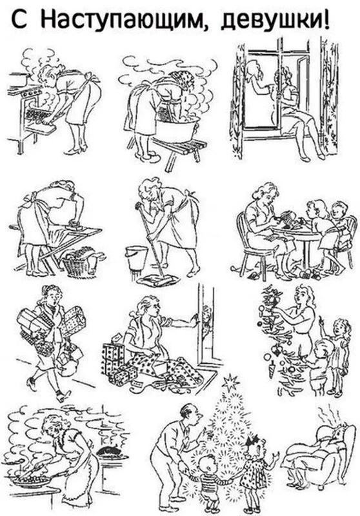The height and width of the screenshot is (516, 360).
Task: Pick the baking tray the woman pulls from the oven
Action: [x=40, y=117]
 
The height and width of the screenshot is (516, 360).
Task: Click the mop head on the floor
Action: [x=159, y=281]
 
